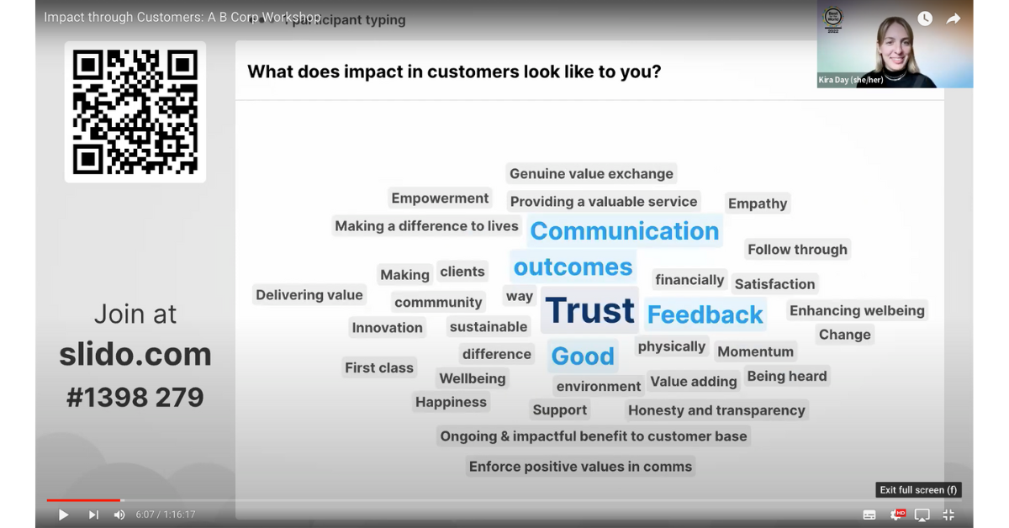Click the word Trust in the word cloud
[589, 311]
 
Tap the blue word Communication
[624, 231]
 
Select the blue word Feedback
[705, 315]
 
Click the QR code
[135, 112]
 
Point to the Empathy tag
[758, 203]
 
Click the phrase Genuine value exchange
[591, 174]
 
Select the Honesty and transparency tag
[716, 410]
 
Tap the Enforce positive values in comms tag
[580, 467]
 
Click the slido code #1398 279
[135, 397]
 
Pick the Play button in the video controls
[63, 515]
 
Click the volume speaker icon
[119, 515]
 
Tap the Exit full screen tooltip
[918, 490]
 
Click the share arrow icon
[954, 18]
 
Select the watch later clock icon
[925, 18]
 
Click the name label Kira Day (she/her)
[851, 81]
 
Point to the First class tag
[379, 367]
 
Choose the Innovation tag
[387, 328]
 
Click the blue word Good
[583, 356]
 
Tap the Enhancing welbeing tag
[857, 310]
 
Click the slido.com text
[135, 355]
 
